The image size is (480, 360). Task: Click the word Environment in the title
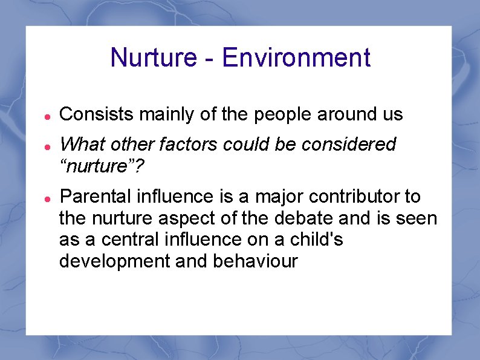296,58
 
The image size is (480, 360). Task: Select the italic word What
83,145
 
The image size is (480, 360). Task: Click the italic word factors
196,145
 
